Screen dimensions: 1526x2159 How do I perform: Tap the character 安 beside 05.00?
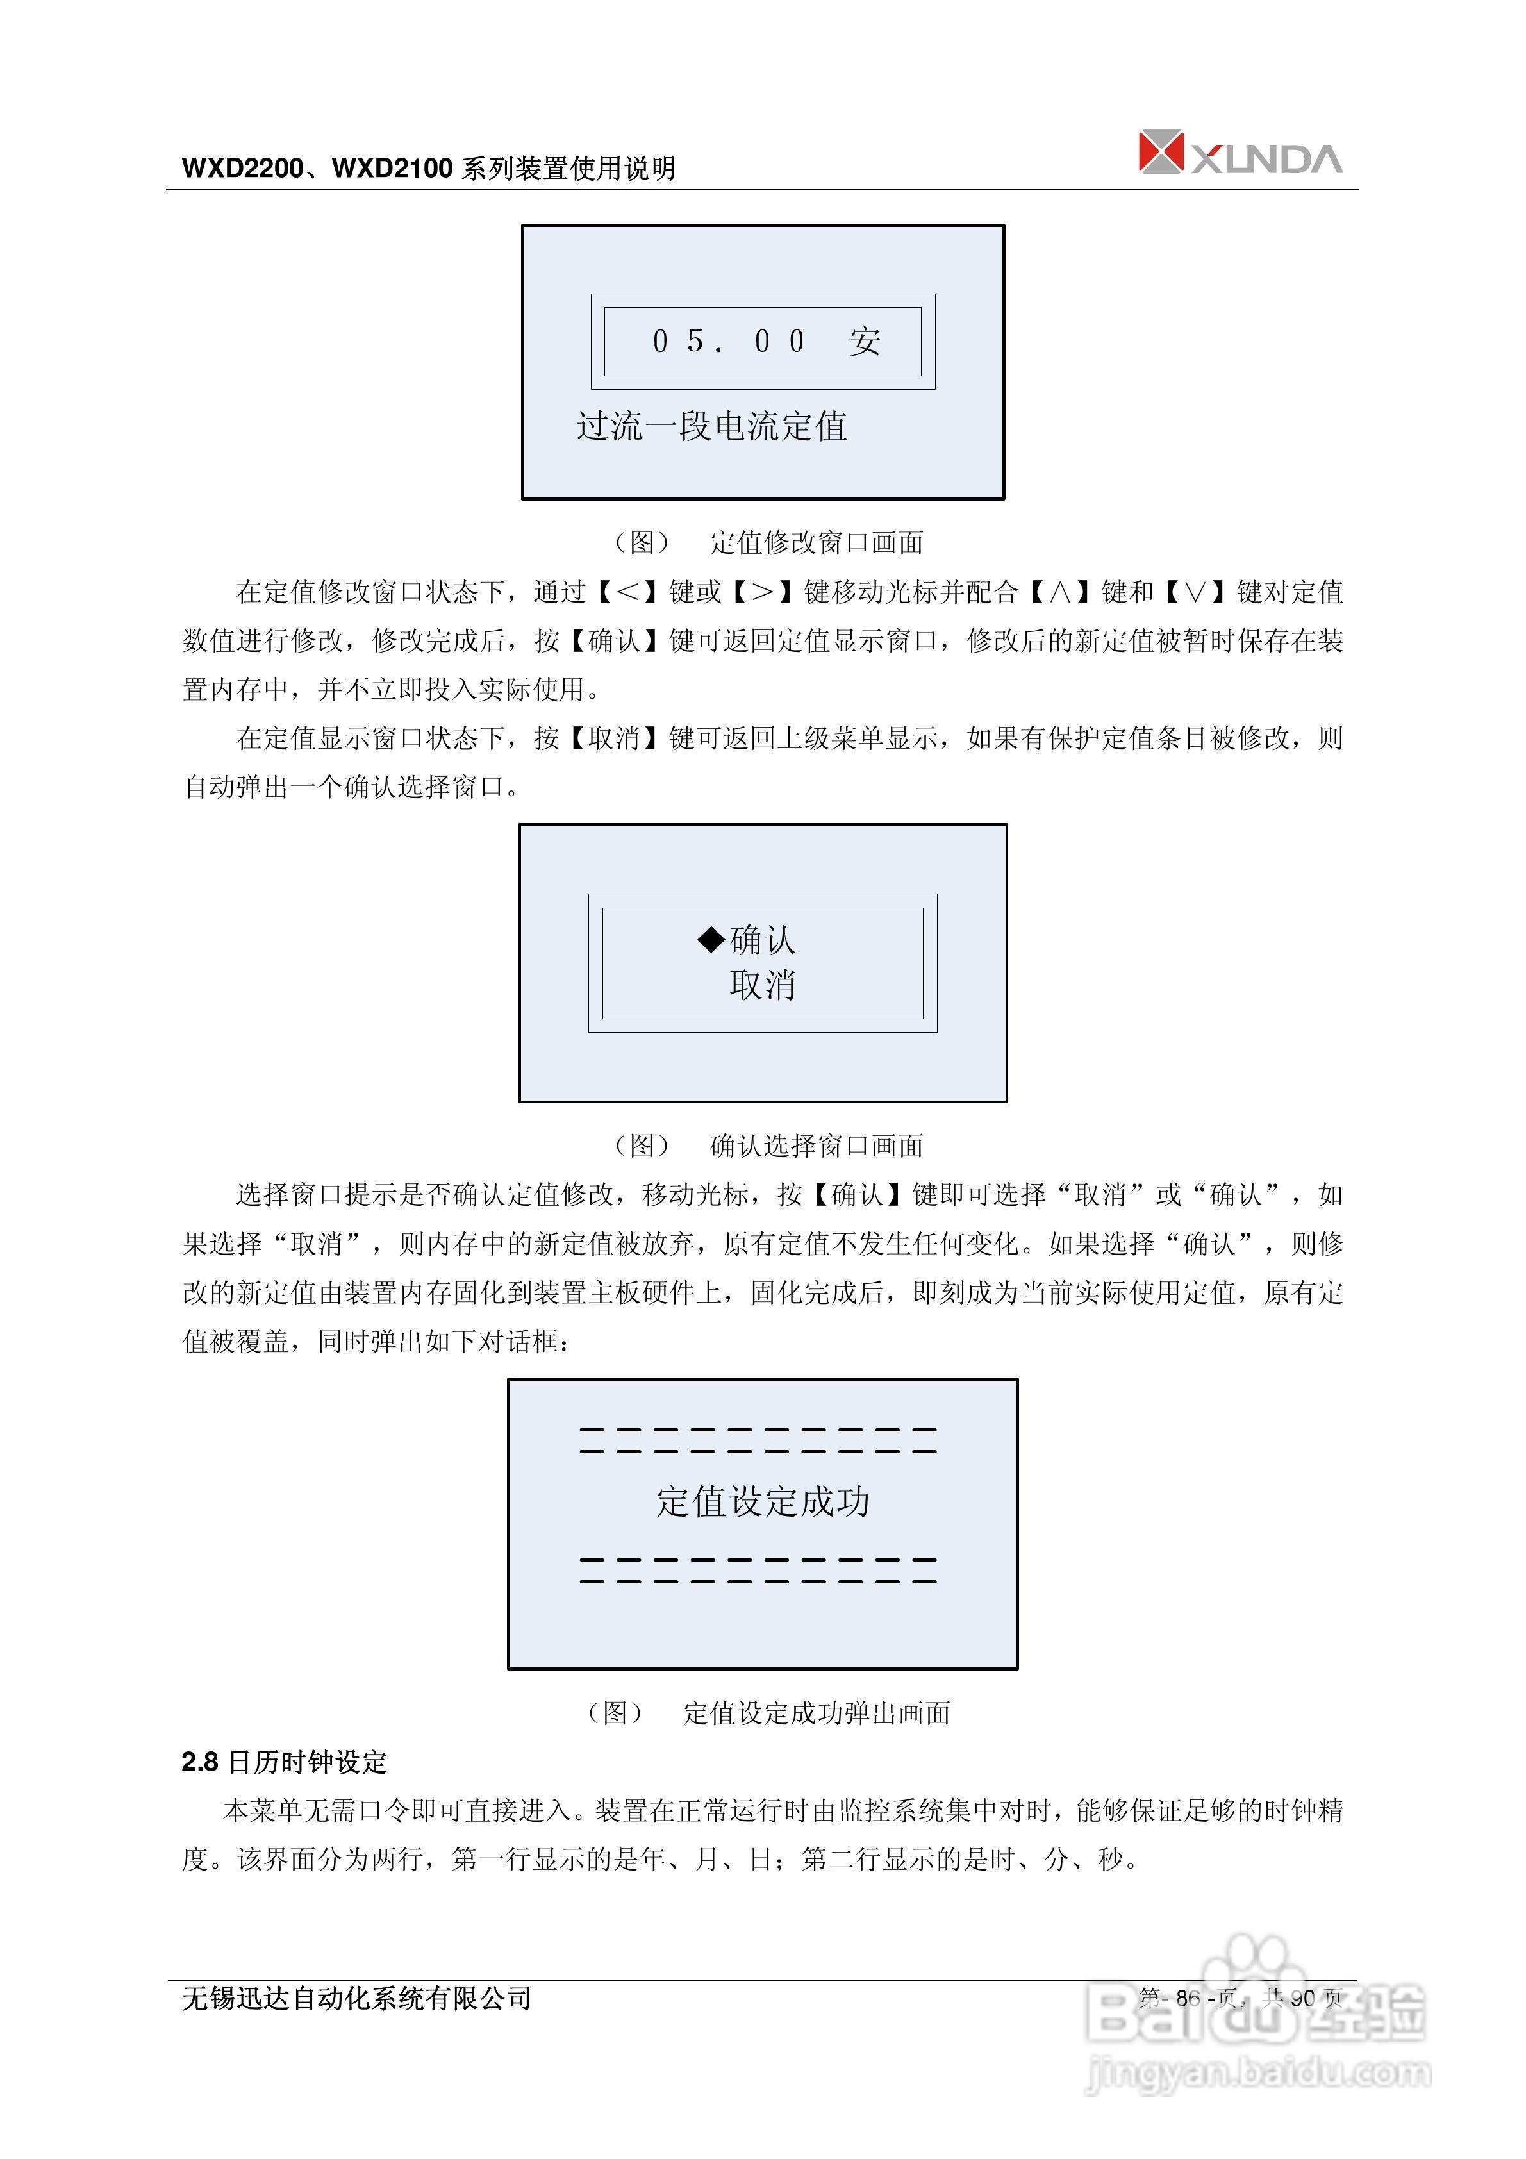[x=864, y=341]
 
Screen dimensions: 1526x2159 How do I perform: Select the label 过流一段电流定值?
[x=712, y=427]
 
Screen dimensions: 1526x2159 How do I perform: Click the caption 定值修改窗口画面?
[x=816, y=542]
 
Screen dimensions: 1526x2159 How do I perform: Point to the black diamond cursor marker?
[x=711, y=938]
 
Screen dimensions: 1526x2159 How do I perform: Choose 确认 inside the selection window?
[x=763, y=939]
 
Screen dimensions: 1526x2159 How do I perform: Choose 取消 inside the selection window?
[x=763, y=985]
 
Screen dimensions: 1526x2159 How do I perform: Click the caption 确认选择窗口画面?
[x=816, y=1146]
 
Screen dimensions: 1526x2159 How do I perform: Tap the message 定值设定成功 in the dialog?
[x=763, y=1502]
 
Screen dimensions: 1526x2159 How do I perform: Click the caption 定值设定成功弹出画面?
[x=816, y=1713]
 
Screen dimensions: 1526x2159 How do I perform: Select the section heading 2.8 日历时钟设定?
[x=284, y=1762]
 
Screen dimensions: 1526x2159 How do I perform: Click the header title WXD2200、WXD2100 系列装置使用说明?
[x=429, y=169]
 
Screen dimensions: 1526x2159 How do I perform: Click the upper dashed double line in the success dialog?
[x=758, y=1440]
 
